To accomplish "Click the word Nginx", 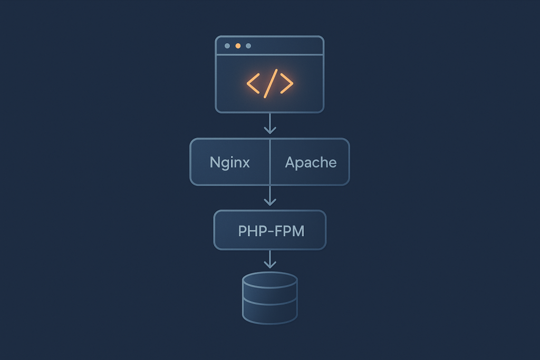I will pyautogui.click(x=229, y=162).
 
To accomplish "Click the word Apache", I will pyautogui.click(x=311, y=162).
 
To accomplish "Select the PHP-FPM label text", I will pyautogui.click(x=271, y=231).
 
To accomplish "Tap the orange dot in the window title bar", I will pyautogui.click(x=238, y=46).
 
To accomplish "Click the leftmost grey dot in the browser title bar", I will pyautogui.click(x=227, y=46).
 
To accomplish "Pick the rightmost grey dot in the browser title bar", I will pyautogui.click(x=248, y=46).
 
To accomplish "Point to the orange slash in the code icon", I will pyautogui.click(x=269, y=83).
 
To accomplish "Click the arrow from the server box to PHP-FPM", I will pyautogui.click(x=270, y=196).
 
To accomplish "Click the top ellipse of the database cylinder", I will pyautogui.click(x=270, y=280).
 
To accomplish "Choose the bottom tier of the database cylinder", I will pyautogui.click(x=270, y=313).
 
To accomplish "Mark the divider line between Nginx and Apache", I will pyautogui.click(x=270, y=162).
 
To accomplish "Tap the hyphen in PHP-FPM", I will pyautogui.click(x=273, y=231).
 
